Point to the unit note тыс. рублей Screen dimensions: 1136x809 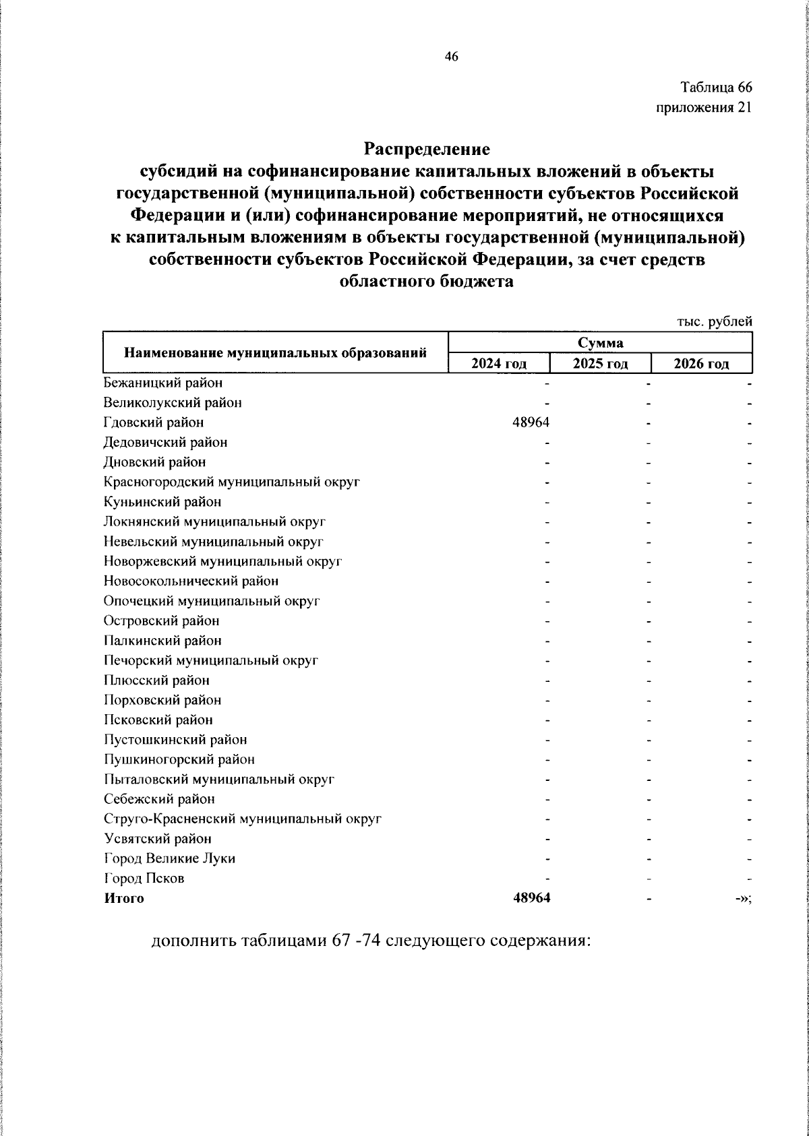[x=714, y=322]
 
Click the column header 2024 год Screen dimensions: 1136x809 [x=499, y=365]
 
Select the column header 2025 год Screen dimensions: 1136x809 [x=600, y=365]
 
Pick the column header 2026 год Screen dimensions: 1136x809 [x=701, y=365]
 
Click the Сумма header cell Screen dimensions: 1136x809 [x=600, y=342]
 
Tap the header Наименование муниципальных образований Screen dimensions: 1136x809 [x=276, y=352]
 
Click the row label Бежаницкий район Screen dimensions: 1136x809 [x=163, y=383]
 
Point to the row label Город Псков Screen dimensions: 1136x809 [x=144, y=879]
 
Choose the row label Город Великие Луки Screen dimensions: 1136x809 [x=170, y=858]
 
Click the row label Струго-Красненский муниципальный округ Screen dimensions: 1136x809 [x=243, y=819]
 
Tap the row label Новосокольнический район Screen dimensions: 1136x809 [x=191, y=581]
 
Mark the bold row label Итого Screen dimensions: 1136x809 [x=124, y=898]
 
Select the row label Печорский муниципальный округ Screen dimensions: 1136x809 [x=210, y=660]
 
